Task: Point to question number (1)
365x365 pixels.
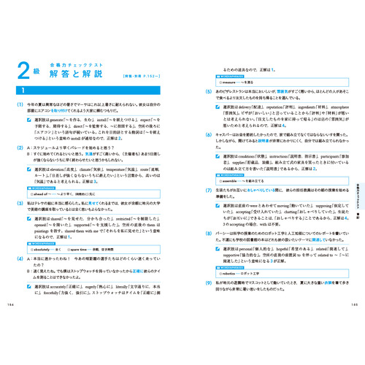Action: [x=21, y=104]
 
